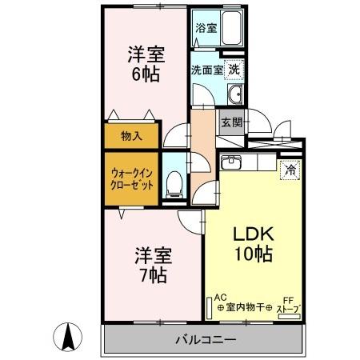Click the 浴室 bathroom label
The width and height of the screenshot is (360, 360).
point(206,28)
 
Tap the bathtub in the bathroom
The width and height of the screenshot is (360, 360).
point(231,28)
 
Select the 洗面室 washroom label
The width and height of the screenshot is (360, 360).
point(207,70)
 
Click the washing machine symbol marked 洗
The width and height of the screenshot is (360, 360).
point(234,70)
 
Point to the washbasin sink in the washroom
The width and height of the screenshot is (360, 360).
point(235,94)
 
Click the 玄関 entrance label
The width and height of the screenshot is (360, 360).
point(232,122)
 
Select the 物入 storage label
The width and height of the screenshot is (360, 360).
point(131,136)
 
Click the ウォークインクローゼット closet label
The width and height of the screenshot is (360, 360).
point(132,179)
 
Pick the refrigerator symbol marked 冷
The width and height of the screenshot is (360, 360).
point(290,170)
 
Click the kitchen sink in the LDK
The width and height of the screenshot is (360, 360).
point(231,162)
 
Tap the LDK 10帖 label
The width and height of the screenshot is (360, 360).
point(254,243)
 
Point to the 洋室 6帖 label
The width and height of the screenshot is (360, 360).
point(146,64)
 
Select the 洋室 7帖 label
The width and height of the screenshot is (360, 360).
point(154,265)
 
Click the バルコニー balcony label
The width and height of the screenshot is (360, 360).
point(206,340)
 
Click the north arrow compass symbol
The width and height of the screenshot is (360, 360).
point(68,337)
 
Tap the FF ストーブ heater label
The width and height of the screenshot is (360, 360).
point(289,305)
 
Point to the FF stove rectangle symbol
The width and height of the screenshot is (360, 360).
point(290,317)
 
